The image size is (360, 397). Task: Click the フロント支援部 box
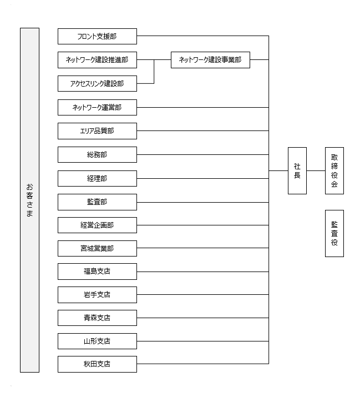97,36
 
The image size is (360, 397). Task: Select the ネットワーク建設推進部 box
97,60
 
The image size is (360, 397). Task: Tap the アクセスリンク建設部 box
97,83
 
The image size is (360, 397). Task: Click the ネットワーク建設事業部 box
210,60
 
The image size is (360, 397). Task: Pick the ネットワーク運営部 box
97,107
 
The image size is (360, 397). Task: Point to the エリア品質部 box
97,131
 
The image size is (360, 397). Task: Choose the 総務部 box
97,154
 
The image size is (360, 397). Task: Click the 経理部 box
97,178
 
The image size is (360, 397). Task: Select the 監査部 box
97,202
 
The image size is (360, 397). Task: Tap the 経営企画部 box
97,225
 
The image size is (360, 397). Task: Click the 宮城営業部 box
97,248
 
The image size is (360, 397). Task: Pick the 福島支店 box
97,272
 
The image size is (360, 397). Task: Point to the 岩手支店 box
97,295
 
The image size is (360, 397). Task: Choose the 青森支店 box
97,318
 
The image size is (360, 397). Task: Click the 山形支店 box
97,341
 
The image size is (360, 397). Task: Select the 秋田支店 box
97,364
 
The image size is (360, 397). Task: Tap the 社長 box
297,170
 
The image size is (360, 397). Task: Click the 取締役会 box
334,170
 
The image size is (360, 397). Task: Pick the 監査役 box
334,233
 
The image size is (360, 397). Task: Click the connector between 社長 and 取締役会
316,170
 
